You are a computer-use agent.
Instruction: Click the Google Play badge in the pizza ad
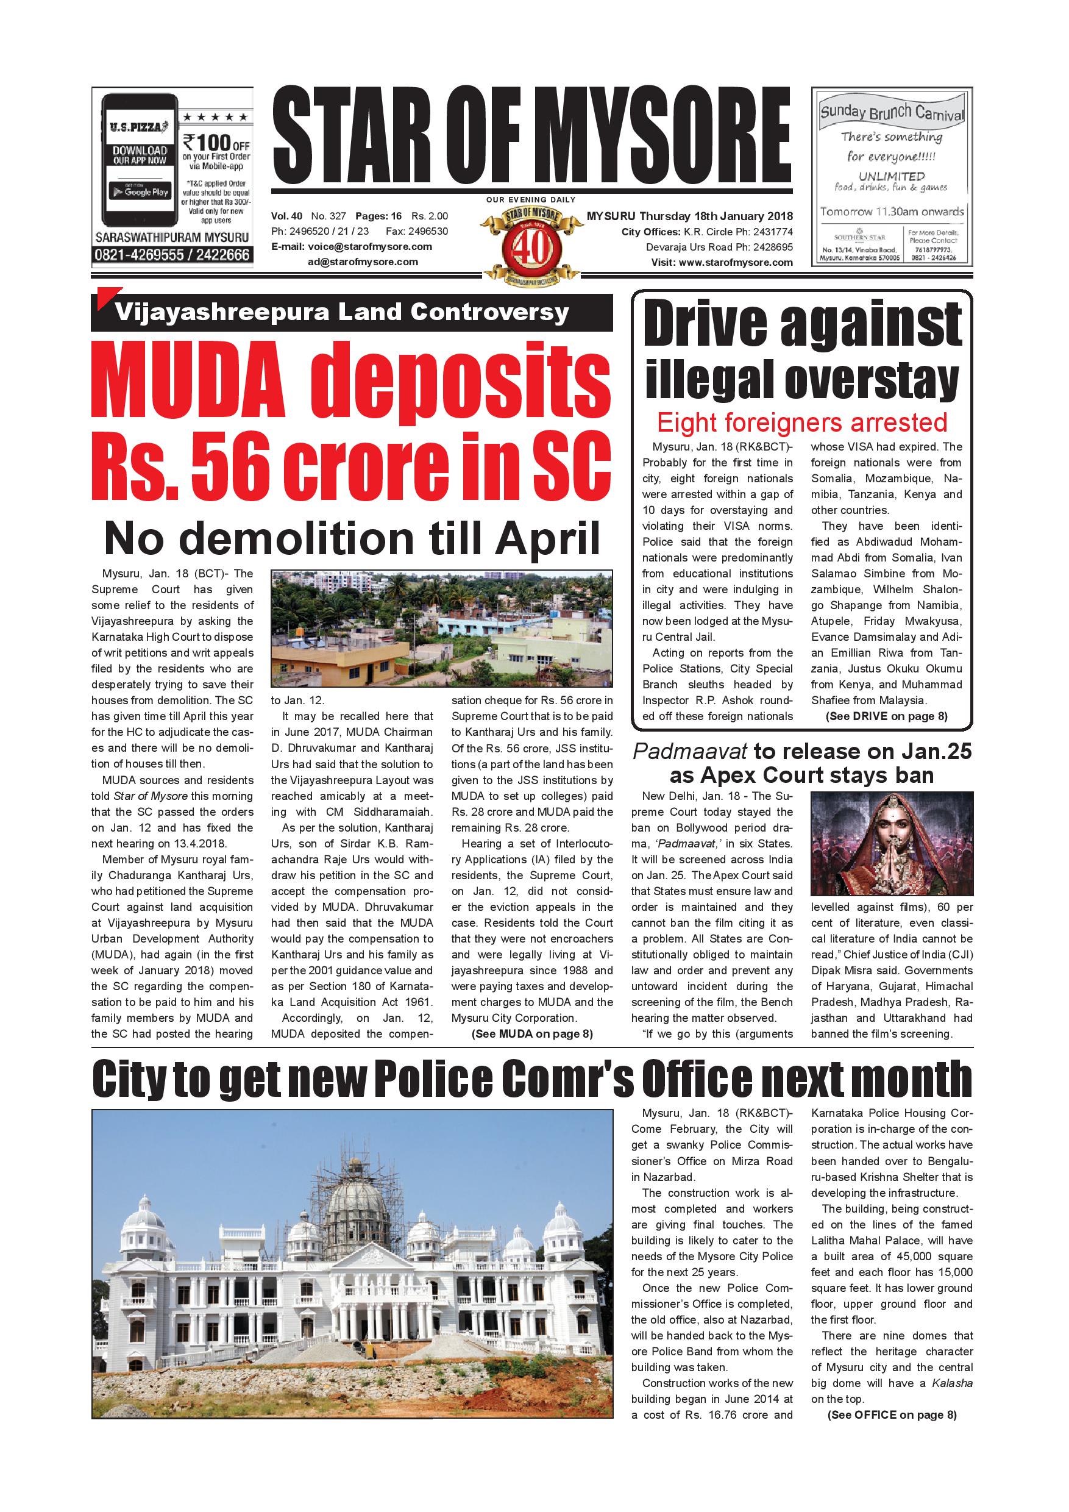click(x=140, y=191)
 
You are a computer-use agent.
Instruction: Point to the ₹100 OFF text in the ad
click(x=216, y=142)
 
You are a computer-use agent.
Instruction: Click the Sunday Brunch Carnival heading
click(x=892, y=113)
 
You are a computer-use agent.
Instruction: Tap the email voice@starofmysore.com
click(x=370, y=246)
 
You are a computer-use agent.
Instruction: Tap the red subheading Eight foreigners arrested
click(x=802, y=422)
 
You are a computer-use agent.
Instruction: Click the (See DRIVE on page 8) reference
click(x=886, y=716)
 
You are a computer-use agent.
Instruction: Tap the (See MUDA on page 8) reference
click(x=532, y=1034)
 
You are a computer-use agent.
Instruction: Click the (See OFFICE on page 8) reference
click(x=891, y=1414)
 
